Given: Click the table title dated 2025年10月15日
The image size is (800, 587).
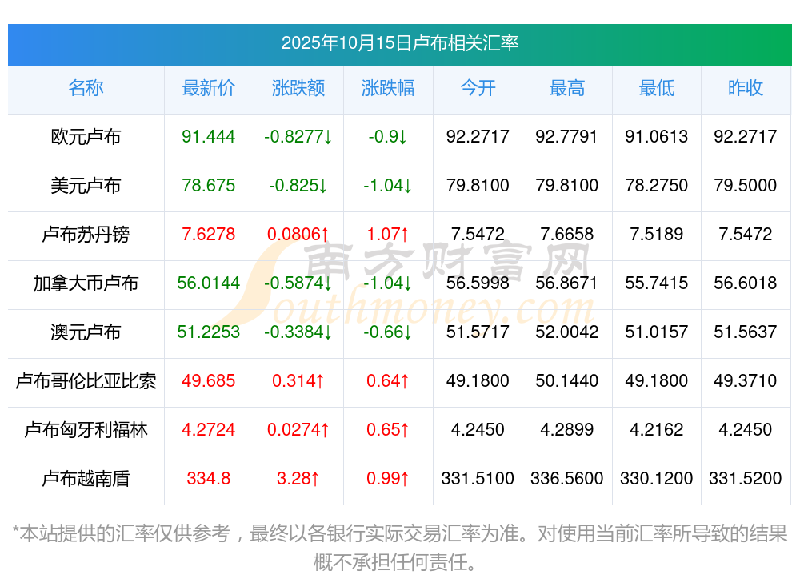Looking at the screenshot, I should click(x=399, y=42).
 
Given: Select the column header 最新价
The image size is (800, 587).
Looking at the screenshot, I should click(x=208, y=88).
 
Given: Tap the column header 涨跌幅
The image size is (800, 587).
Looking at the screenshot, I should click(x=388, y=88).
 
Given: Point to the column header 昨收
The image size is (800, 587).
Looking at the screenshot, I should click(x=746, y=88).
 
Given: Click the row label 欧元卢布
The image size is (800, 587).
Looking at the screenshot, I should click(x=86, y=137).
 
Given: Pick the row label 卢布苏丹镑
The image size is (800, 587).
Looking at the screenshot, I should click(x=86, y=235).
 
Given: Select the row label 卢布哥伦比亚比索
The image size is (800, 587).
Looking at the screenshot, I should click(x=86, y=381).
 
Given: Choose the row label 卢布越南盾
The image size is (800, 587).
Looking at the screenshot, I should click(x=86, y=479).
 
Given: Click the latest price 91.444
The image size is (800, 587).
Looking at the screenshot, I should click(x=209, y=137).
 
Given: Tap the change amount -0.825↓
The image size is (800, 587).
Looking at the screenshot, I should click(x=298, y=186).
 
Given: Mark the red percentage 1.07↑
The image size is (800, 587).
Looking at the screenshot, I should click(x=388, y=235).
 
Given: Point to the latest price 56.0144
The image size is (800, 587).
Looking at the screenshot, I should click(x=209, y=283).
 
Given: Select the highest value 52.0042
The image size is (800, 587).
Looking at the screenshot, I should click(x=567, y=332).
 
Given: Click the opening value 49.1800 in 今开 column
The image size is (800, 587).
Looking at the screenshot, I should click(x=478, y=381).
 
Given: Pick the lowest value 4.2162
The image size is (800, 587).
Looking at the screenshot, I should click(x=657, y=430).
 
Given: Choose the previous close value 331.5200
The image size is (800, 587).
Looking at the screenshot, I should click(x=746, y=479).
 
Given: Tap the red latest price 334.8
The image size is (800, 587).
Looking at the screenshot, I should click(x=209, y=479).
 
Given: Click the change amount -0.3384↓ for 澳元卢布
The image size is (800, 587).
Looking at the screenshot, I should click(x=298, y=332).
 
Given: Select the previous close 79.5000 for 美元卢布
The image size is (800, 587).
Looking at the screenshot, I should click(x=746, y=186).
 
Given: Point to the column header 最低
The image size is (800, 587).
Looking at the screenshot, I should click(x=657, y=88).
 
